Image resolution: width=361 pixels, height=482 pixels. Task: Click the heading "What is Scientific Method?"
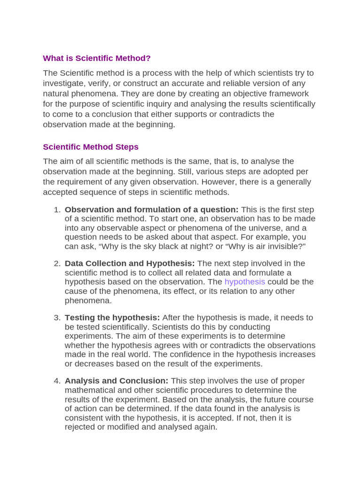pos(97,58)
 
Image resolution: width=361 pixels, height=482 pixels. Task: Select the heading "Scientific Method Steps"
pos(91,147)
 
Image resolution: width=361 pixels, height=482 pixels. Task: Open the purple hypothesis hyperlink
pos(244,281)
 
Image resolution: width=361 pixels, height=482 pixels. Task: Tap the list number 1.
pos(57,209)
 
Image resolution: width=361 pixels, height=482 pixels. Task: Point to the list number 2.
pos(57,263)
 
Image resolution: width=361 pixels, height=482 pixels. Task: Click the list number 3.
pos(57,318)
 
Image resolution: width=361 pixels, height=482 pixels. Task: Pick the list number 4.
pos(57,381)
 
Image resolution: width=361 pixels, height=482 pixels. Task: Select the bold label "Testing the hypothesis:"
pos(112,318)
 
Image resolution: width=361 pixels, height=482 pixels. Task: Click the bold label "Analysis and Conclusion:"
pos(117,381)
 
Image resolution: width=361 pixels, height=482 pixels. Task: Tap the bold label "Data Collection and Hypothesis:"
pos(130,263)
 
